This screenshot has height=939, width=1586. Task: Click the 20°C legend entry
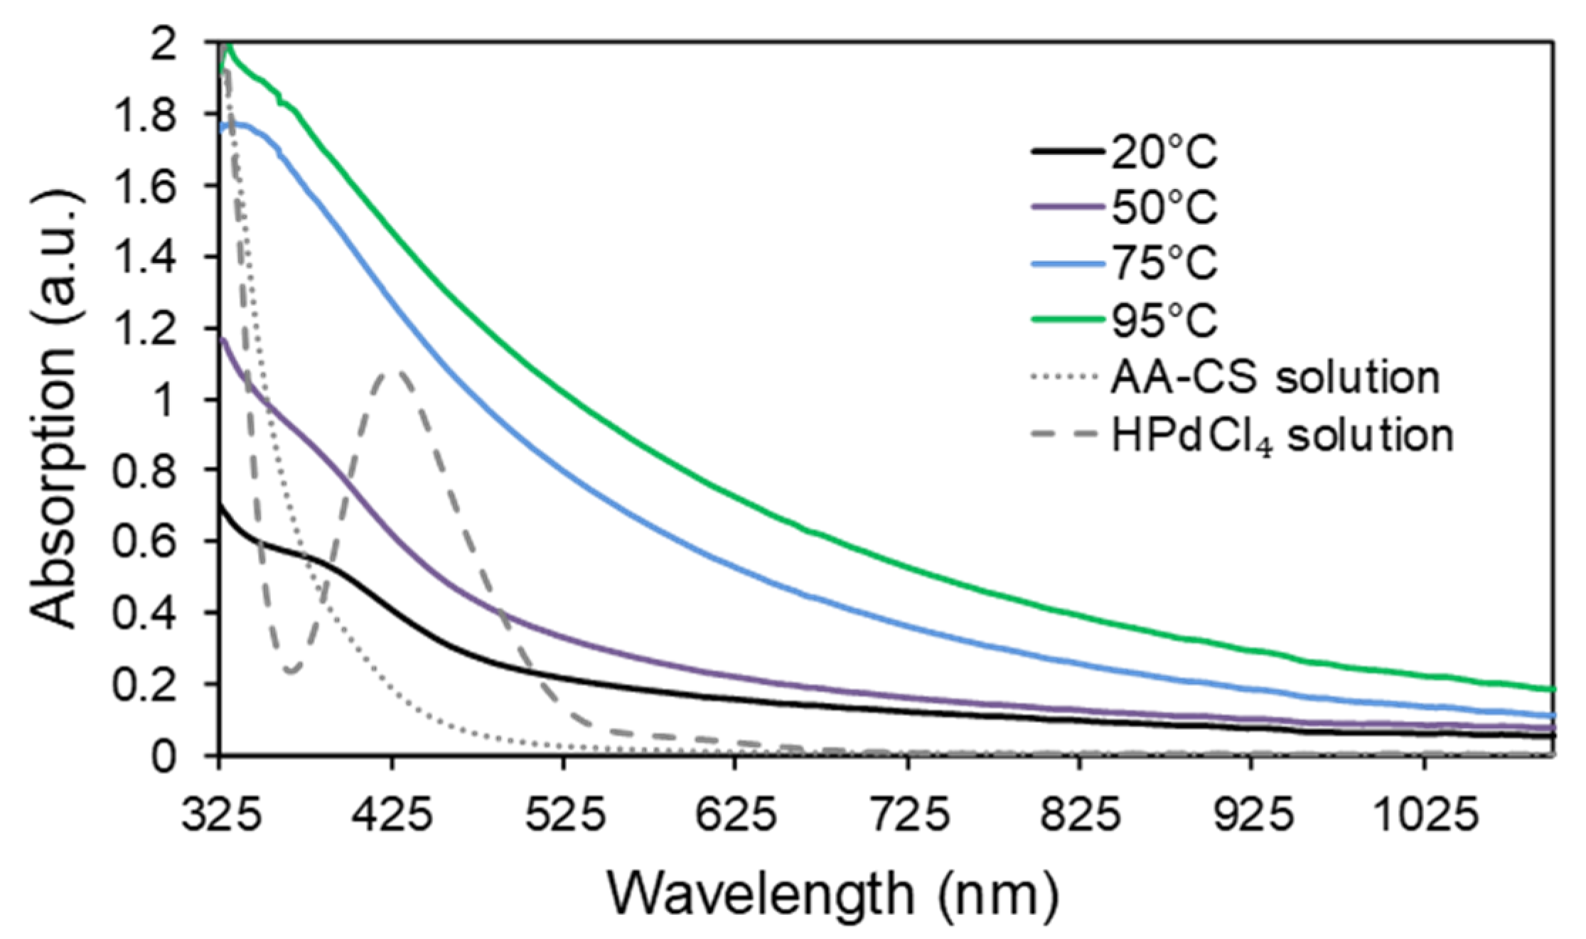(x=1164, y=152)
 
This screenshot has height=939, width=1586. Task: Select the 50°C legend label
(x=1164, y=208)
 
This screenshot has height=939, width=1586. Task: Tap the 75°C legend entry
(x=1164, y=264)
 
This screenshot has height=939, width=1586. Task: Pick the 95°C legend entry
(x=1164, y=320)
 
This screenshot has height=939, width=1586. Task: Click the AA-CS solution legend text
(x=1275, y=377)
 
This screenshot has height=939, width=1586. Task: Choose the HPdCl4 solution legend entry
(x=1282, y=435)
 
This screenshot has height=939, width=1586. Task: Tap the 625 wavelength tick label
(x=735, y=816)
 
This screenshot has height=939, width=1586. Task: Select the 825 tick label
(x=1080, y=816)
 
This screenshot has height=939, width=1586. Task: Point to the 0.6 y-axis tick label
(x=166, y=542)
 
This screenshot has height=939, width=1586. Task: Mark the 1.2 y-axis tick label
(x=166, y=328)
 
